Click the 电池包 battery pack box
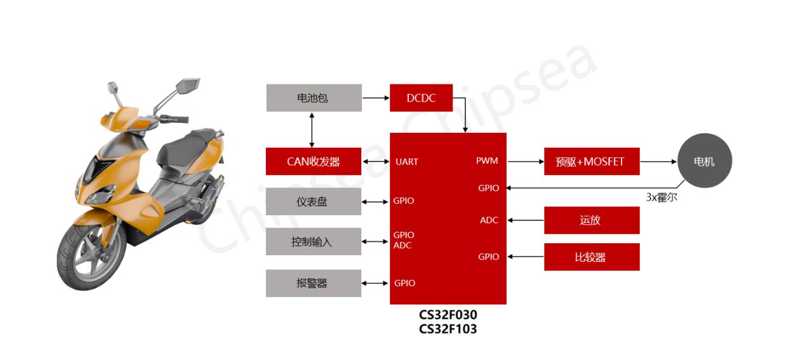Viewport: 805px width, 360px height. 314,98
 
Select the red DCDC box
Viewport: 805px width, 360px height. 421,98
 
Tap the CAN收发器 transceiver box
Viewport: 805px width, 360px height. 314,161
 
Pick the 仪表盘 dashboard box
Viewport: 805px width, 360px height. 314,201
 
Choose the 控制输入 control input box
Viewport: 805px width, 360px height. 314,241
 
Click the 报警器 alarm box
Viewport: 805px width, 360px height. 314,283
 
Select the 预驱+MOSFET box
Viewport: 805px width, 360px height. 592,161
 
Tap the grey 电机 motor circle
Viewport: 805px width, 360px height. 705,161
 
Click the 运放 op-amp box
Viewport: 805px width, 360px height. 592,220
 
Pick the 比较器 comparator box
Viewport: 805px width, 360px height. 592,257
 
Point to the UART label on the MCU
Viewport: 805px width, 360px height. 407,162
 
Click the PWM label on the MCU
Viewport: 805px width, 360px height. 487,161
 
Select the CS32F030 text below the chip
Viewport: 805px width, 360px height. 448,315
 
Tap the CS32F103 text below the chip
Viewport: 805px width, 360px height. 448,329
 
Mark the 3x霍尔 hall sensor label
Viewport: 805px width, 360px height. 662,197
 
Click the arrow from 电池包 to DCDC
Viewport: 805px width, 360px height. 376,98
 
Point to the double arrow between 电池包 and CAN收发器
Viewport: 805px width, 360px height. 312,130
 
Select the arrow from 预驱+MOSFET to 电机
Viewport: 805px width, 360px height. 658,162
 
